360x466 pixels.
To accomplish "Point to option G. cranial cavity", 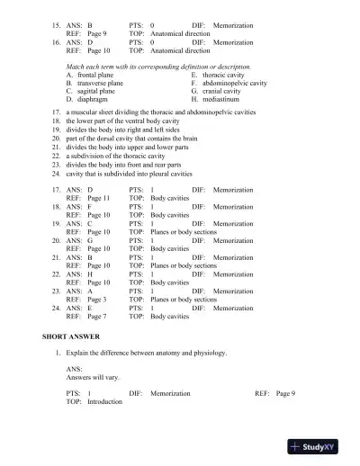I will point(221,92).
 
